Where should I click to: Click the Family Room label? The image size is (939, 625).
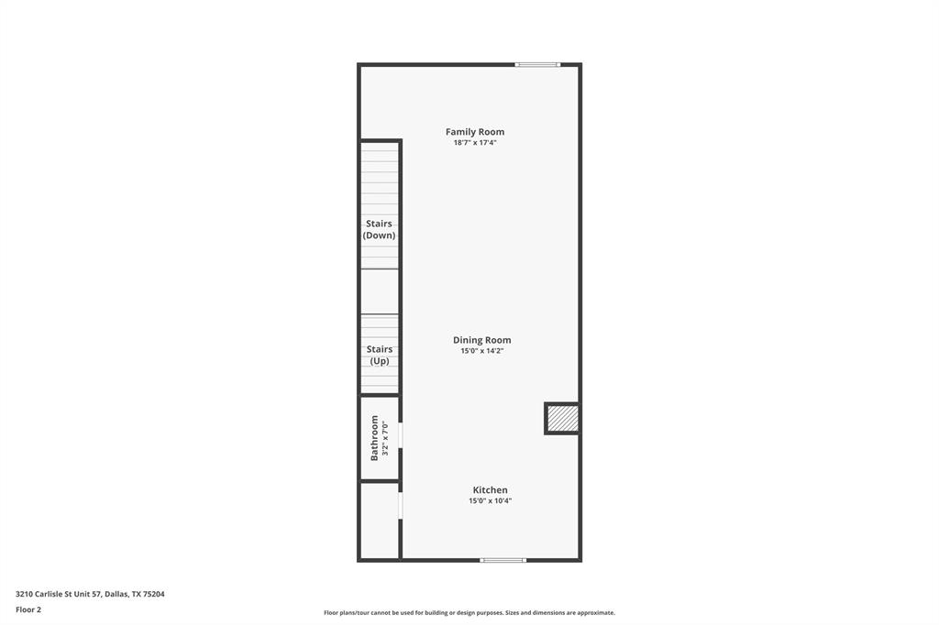[475, 132]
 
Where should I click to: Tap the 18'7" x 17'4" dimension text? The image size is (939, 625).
[475, 143]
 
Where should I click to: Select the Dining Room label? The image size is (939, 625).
[481, 340]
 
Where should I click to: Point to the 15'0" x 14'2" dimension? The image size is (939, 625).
[481, 351]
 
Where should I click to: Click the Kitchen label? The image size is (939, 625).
[490, 490]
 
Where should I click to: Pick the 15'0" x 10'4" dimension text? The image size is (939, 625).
[490, 501]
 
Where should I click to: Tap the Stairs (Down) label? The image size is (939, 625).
[379, 229]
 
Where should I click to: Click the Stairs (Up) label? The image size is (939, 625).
[379, 355]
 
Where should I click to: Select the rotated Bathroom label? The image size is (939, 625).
[374, 438]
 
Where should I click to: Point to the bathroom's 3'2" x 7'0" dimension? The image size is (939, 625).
[386, 438]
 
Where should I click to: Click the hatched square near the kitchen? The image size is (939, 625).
[562, 419]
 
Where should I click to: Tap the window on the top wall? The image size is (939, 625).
[537, 64]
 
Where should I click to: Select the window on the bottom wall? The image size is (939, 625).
[503, 560]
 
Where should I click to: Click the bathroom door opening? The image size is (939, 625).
[401, 435]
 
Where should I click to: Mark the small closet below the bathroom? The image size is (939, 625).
[379, 520]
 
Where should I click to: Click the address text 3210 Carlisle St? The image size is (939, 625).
[90, 594]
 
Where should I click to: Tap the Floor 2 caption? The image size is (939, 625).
[28, 609]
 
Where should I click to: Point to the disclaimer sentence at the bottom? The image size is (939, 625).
[469, 613]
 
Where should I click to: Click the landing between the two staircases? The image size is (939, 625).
[380, 291]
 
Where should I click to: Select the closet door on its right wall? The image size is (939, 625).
[401, 506]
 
